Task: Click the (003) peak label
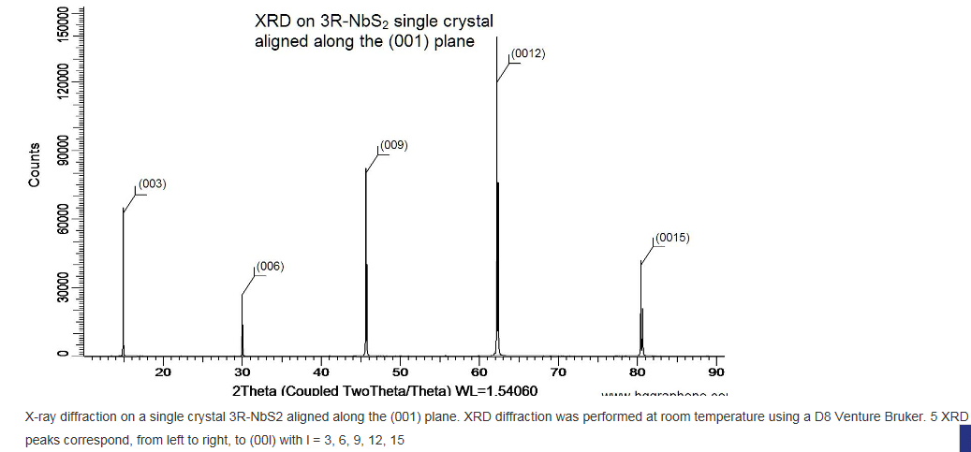pos(152,183)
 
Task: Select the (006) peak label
pos(270,267)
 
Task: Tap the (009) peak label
pos(393,145)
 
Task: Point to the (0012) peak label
pos(528,54)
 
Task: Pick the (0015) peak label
pos(671,238)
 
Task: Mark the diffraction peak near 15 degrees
pos(124,281)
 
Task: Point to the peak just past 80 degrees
pos(641,309)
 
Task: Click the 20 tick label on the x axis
pos(163,373)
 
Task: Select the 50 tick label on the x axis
pos(400,373)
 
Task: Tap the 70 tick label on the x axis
pos(558,373)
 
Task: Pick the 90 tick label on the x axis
pos(716,373)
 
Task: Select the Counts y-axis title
pos(35,165)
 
